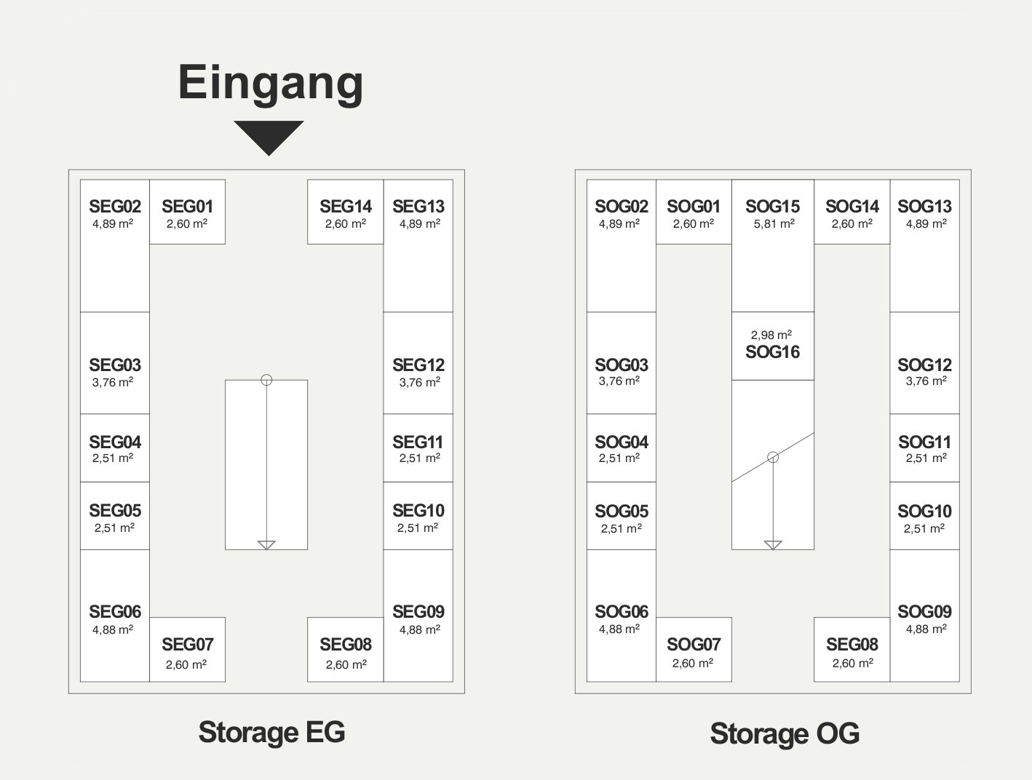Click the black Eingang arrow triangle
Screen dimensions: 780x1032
click(269, 136)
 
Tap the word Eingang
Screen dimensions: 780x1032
click(271, 83)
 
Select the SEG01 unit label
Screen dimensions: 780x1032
click(187, 207)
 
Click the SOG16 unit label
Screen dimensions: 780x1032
click(772, 352)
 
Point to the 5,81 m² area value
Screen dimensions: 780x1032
click(773, 224)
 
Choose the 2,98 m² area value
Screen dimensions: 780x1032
click(771, 335)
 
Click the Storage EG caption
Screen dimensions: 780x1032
click(271, 732)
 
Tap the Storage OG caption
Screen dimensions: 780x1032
click(785, 733)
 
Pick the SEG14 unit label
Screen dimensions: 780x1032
click(346, 207)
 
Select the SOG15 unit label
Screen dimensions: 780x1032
click(772, 207)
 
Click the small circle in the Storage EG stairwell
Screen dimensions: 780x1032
click(266, 380)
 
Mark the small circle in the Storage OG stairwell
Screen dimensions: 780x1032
click(773, 457)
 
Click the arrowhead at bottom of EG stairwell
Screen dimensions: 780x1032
click(266, 545)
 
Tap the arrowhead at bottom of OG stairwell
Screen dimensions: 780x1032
click(773, 545)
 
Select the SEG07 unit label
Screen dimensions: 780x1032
click(187, 645)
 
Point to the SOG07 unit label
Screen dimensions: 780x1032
click(694, 645)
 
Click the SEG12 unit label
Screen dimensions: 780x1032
click(418, 365)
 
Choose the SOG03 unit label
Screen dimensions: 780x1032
click(621, 365)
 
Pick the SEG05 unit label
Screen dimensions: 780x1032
click(115, 511)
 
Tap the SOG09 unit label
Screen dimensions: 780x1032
click(924, 612)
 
